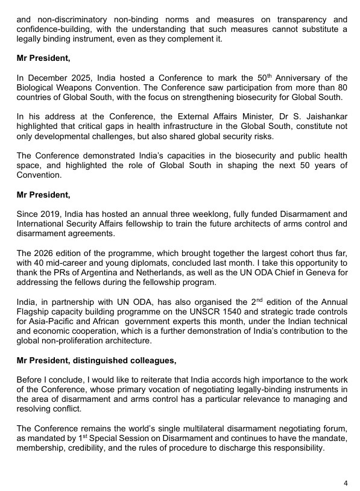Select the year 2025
click(78, 78)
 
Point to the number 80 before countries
click(341, 87)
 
